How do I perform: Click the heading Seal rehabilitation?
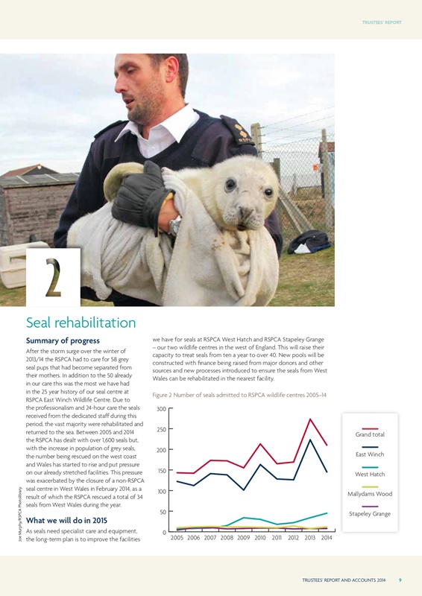81,323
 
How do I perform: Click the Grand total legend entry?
370,434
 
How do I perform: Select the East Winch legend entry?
370,454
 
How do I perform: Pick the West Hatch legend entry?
370,474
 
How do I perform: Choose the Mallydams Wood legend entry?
370,494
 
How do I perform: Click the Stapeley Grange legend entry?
370,514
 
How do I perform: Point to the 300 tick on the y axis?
161,409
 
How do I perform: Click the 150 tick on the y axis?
161,471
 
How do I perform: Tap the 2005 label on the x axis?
178,538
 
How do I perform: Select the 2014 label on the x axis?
327,538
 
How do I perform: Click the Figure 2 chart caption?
239,394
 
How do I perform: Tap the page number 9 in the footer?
400,580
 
